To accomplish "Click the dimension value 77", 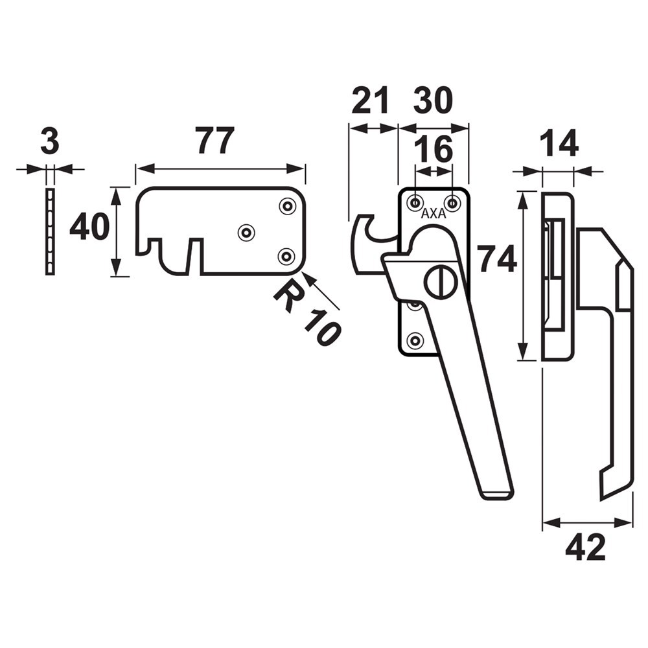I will (214, 141).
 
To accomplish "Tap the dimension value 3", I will (50, 142).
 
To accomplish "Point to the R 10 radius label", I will (307, 315).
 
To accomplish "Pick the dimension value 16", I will (434, 150).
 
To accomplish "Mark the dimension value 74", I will (497, 260).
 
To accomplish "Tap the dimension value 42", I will (585, 548).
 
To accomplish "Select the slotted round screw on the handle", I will (440, 283).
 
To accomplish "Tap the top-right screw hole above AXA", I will (452, 203).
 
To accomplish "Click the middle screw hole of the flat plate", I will (246, 232).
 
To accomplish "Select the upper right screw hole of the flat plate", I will (286, 206).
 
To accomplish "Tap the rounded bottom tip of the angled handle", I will (498, 494).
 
